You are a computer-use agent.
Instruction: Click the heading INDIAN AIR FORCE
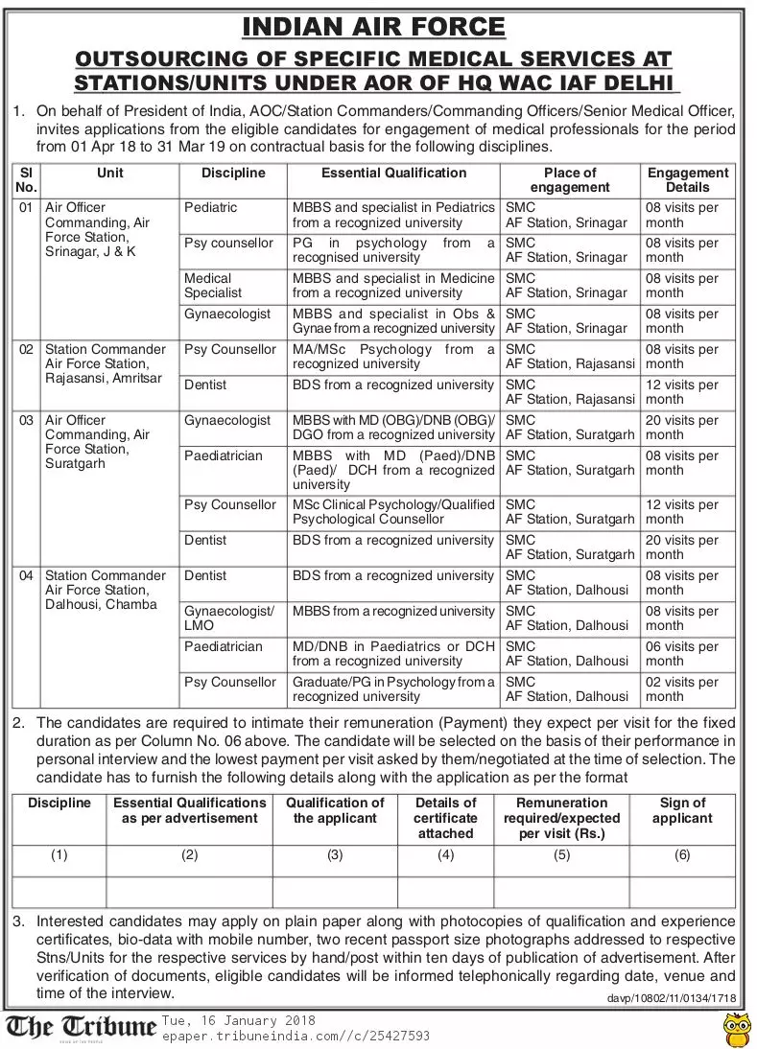373,26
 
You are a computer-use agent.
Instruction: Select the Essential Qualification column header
393,174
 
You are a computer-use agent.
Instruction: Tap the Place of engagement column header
569,180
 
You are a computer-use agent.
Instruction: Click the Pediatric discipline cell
210,208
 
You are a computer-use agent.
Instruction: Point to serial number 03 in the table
27,420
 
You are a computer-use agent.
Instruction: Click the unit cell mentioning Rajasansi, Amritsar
106,364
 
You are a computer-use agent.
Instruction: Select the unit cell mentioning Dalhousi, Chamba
105,591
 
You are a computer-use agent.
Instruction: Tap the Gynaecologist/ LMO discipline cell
229,618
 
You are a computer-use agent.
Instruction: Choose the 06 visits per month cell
682,654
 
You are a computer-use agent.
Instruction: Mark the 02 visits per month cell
682,689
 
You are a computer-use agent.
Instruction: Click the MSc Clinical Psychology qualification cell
393,512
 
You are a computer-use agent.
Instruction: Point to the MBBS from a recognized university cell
393,612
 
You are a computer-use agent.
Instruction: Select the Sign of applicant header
682,810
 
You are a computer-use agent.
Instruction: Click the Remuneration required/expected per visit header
561,818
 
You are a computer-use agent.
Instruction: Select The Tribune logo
81,1027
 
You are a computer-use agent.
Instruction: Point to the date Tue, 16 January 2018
238,1020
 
